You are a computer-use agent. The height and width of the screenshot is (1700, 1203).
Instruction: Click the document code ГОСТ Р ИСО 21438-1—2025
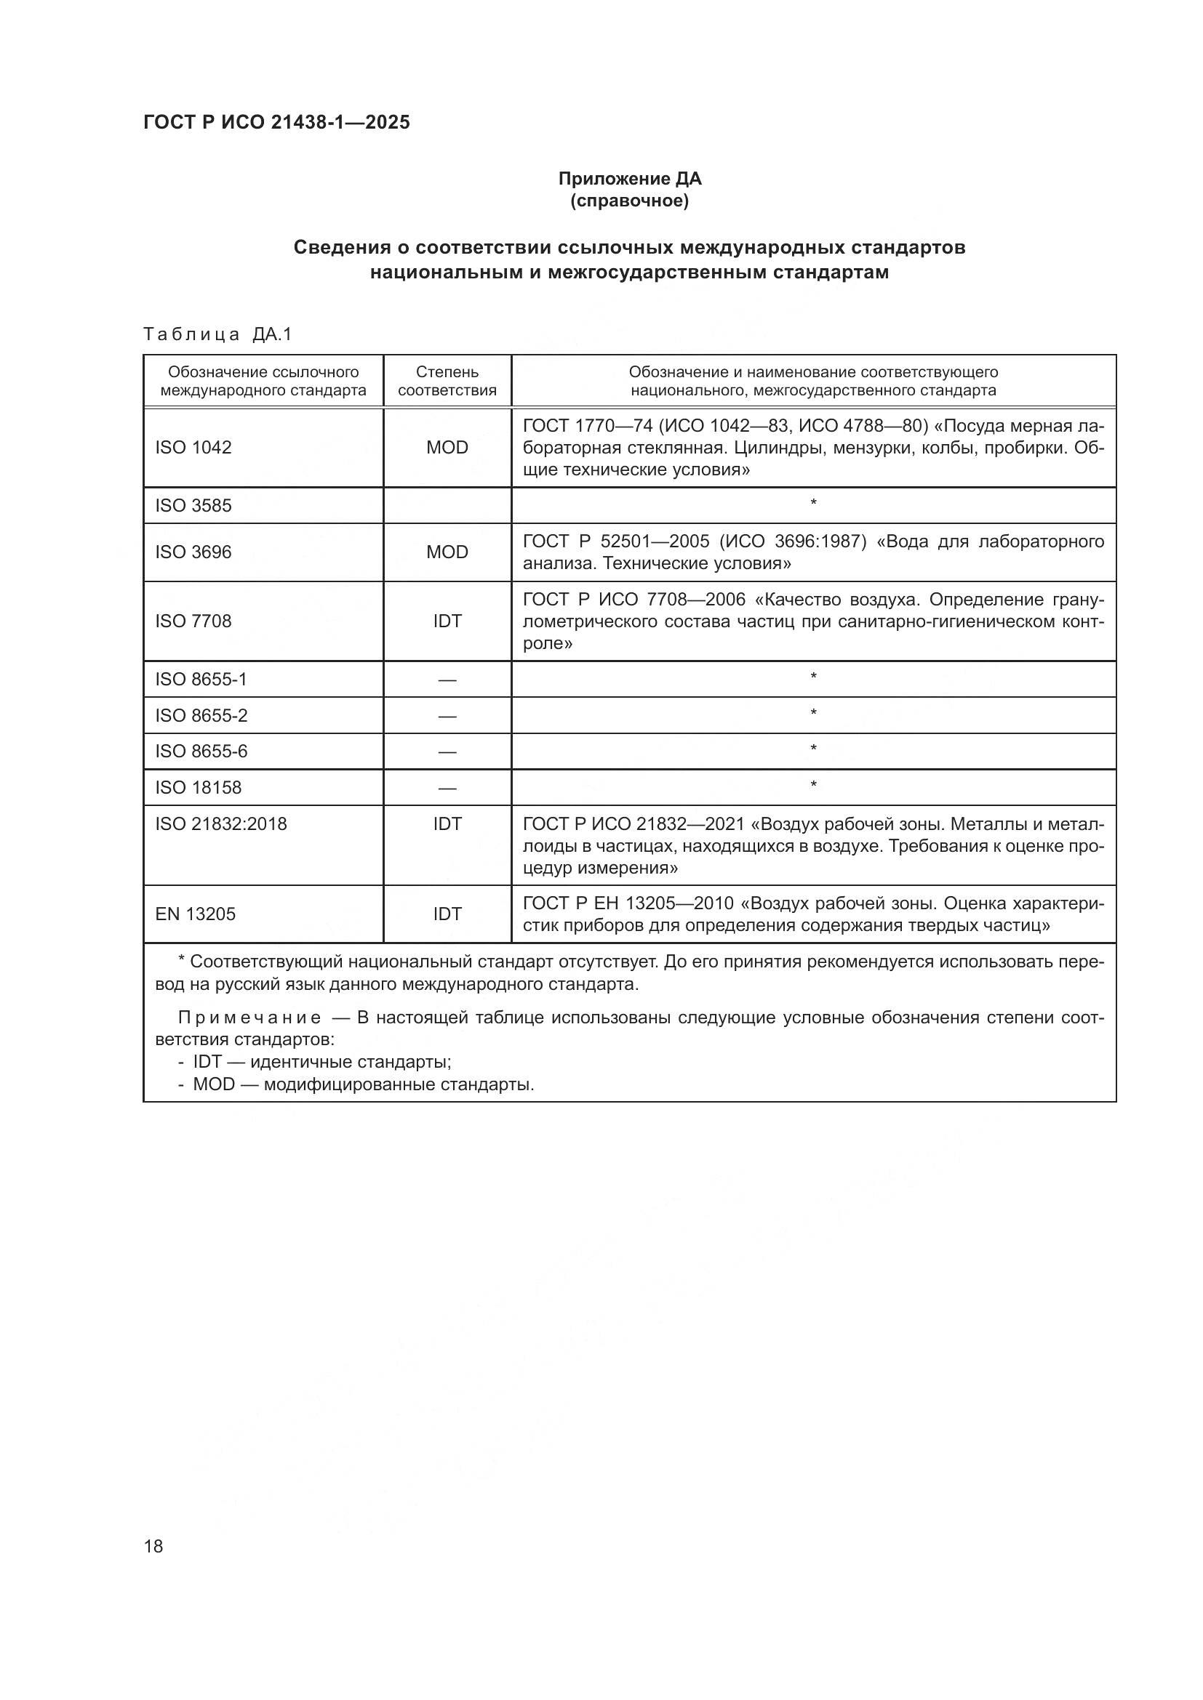[x=276, y=122]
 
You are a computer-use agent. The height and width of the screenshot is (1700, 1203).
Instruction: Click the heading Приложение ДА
[x=629, y=179]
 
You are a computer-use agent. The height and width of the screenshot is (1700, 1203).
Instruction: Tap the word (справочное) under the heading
[x=629, y=201]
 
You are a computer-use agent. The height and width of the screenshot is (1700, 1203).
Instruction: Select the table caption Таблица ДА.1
[x=217, y=334]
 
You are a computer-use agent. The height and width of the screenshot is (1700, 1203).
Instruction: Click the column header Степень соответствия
[x=447, y=381]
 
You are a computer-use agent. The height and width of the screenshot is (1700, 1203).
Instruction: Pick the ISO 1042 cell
[x=193, y=447]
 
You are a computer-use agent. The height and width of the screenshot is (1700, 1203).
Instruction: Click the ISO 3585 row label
[x=193, y=506]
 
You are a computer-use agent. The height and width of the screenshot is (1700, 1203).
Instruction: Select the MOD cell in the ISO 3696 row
[x=447, y=552]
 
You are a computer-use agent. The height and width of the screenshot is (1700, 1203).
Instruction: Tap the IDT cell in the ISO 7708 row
[x=447, y=621]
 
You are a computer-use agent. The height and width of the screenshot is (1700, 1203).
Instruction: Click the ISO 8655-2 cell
[x=201, y=715]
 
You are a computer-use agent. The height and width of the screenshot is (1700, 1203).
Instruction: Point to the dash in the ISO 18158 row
[x=447, y=789]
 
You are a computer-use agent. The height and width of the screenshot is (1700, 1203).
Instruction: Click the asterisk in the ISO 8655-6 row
[x=812, y=749]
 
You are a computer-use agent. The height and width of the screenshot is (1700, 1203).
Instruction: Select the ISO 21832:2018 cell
[x=221, y=824]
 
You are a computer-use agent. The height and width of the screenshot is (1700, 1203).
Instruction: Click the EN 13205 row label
[x=195, y=914]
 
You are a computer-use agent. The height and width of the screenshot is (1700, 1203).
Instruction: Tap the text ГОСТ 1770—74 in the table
[x=588, y=426]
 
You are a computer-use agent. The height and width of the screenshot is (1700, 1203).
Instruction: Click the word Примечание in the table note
[x=249, y=1018]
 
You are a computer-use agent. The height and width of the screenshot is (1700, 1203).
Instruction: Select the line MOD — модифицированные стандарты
[x=363, y=1084]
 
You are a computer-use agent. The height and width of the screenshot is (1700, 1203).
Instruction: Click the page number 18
[x=153, y=1546]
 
